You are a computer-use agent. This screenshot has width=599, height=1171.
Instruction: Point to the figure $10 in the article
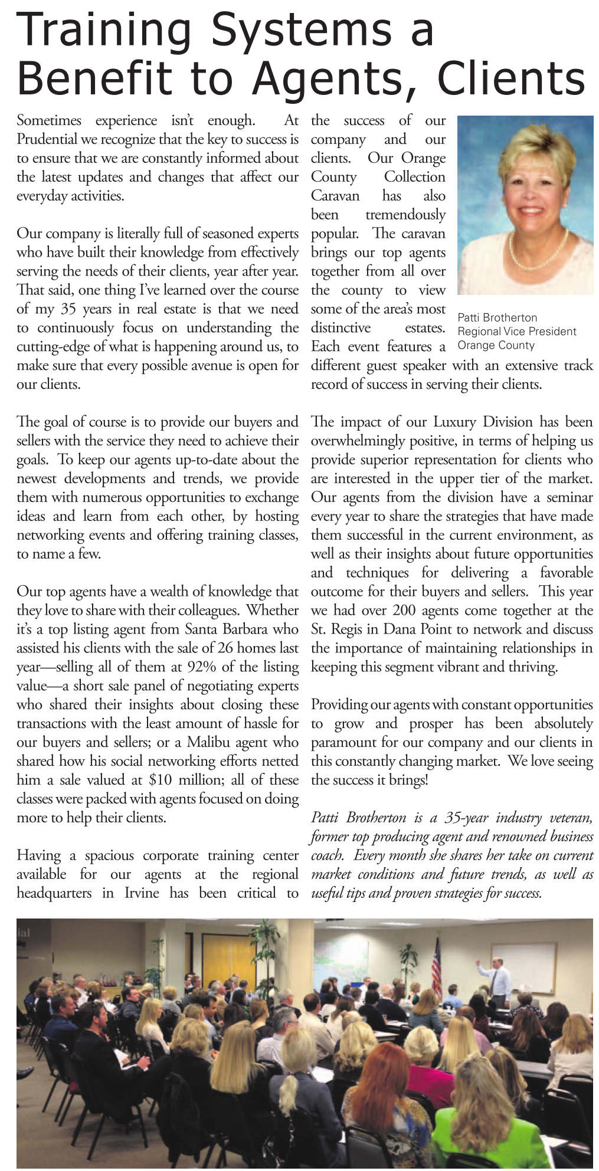160,780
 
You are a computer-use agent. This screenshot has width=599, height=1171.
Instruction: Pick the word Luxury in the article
455,422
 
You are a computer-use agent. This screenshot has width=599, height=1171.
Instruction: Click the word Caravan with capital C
335,196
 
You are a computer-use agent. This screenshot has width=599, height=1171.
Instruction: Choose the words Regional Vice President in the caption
517,332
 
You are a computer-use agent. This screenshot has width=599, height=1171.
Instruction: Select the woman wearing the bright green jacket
472,1121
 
